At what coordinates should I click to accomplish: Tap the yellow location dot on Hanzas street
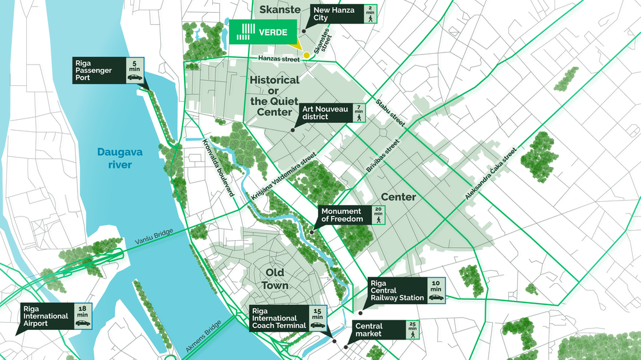(x=306, y=55)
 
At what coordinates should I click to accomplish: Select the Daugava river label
(x=115, y=158)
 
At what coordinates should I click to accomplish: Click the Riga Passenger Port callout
(x=108, y=70)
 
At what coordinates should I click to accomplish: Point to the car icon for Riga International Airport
(x=83, y=323)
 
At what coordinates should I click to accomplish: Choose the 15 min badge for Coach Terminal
(x=317, y=318)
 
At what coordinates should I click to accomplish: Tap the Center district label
(x=398, y=197)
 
